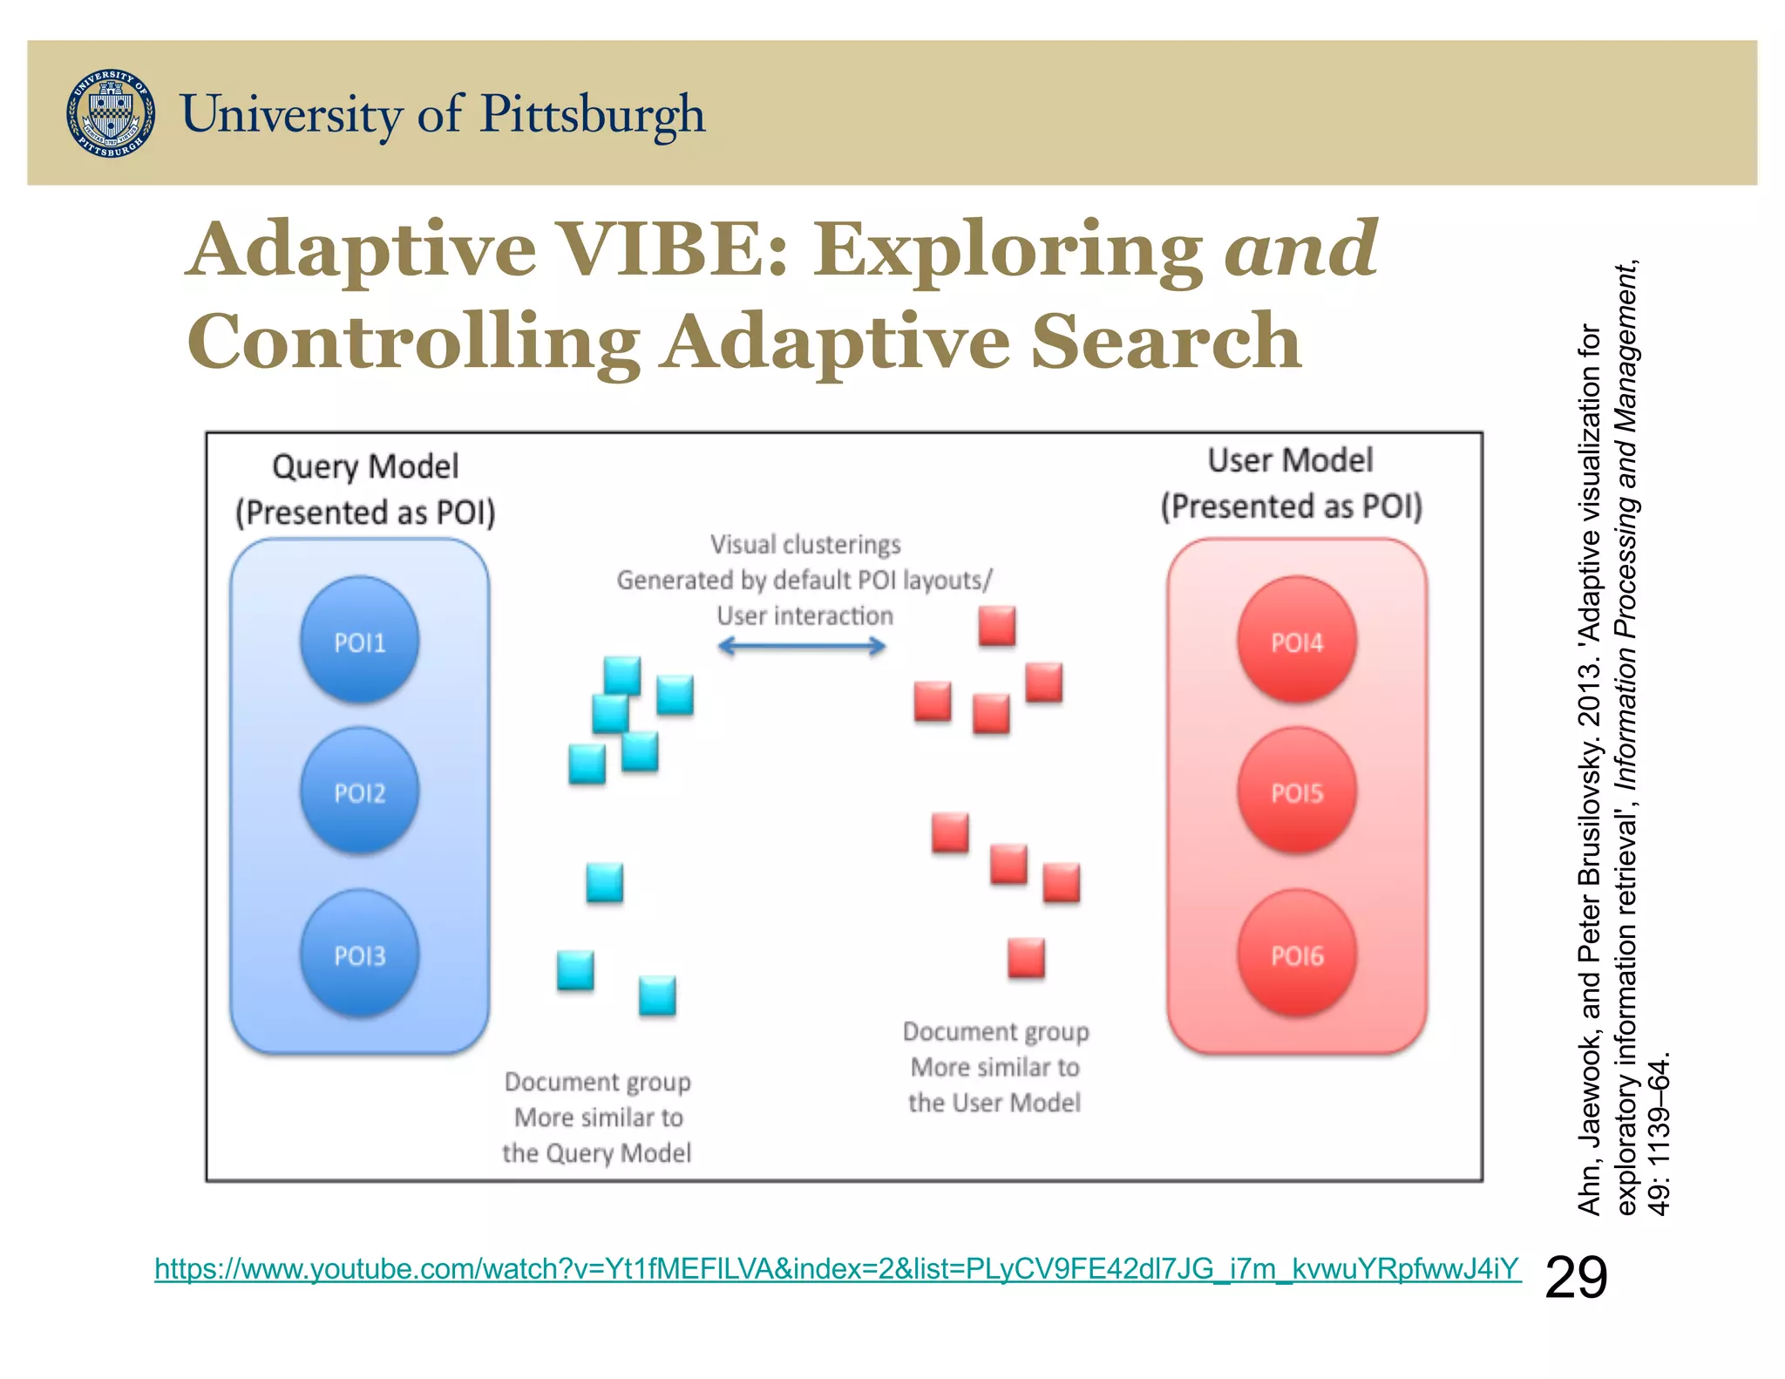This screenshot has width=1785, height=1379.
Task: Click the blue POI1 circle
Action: pyautogui.click(x=359, y=641)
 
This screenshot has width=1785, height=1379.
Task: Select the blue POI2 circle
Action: pyautogui.click(x=359, y=791)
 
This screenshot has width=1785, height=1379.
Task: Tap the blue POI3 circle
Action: pyautogui.click(x=359, y=954)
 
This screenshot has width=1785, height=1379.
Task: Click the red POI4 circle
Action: pyautogui.click(x=1296, y=641)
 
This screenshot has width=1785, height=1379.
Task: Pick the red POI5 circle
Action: pyautogui.click(x=1296, y=791)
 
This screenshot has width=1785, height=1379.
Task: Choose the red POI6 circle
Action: pyautogui.click(x=1296, y=954)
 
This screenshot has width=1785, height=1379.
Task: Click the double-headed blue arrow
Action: pyautogui.click(x=802, y=646)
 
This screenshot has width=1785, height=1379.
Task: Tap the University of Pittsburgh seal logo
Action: pyautogui.click(x=111, y=113)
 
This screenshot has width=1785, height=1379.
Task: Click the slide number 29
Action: pyautogui.click(x=1575, y=1278)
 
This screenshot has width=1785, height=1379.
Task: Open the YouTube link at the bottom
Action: pyautogui.click(x=837, y=1268)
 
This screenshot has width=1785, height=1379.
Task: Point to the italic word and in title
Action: pyautogui.click(x=1300, y=250)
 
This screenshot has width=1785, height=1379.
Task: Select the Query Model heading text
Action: pyautogui.click(x=365, y=466)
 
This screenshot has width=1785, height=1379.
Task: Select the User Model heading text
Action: pyautogui.click(x=1290, y=460)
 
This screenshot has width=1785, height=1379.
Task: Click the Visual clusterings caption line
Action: pyautogui.click(x=804, y=545)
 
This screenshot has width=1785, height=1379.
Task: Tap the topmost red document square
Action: pyautogui.click(x=996, y=626)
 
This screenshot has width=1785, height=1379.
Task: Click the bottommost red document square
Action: pyautogui.click(x=1026, y=958)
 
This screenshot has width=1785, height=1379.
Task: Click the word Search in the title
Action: pyautogui.click(x=1166, y=342)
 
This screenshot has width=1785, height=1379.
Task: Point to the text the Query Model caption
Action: pyautogui.click(x=596, y=1152)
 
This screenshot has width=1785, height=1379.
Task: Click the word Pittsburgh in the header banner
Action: pyautogui.click(x=593, y=115)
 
